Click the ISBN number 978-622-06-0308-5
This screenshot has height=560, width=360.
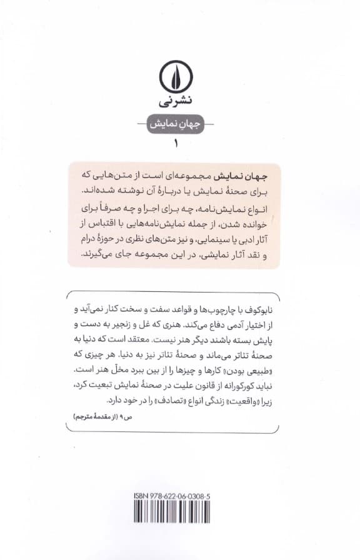tap(187, 496)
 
